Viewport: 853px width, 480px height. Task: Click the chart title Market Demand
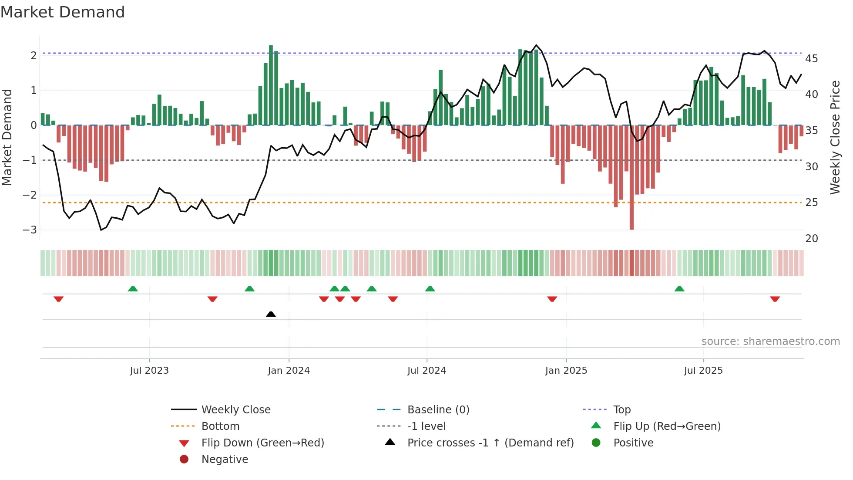click(x=63, y=12)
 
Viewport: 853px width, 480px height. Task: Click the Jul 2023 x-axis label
click(x=149, y=371)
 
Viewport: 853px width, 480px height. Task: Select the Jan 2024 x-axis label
click(x=289, y=371)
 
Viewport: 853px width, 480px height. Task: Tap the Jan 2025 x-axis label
click(x=566, y=371)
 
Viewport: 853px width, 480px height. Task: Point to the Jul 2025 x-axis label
click(x=703, y=371)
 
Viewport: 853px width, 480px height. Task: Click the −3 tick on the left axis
click(x=30, y=230)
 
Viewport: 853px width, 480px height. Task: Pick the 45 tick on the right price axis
click(x=811, y=58)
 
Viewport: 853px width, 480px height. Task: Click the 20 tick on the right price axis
click(x=811, y=238)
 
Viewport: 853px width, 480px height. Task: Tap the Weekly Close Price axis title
click(x=835, y=137)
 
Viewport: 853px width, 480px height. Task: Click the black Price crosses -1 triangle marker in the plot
click(x=271, y=314)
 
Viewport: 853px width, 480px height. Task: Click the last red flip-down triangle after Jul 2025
click(x=775, y=299)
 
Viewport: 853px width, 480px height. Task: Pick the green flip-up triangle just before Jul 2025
click(x=679, y=289)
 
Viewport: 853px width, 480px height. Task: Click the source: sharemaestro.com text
click(x=770, y=341)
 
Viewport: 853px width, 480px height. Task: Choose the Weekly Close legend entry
click(x=235, y=409)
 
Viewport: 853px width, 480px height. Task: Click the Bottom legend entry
click(x=220, y=426)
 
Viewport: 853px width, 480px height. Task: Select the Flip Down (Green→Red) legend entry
click(x=262, y=443)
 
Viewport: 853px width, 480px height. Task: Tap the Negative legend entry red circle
click(x=184, y=459)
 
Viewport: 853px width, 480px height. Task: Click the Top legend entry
click(x=621, y=409)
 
